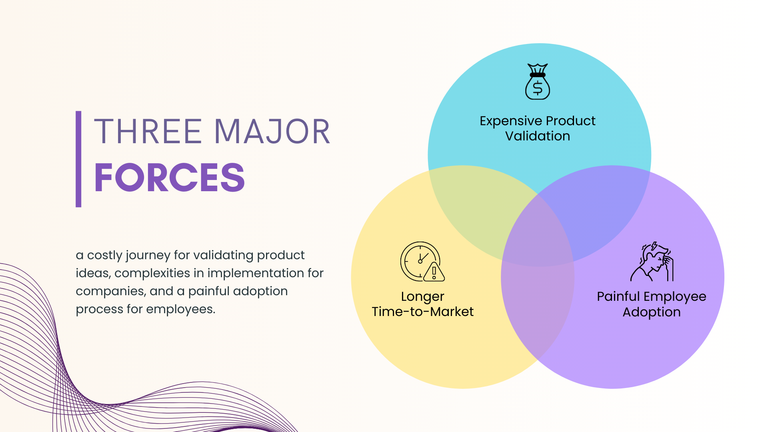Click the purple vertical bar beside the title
pyautogui.click(x=78, y=159)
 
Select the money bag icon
pyautogui.click(x=538, y=82)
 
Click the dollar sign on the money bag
pyautogui.click(x=538, y=88)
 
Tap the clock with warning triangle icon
pyautogui.click(x=422, y=262)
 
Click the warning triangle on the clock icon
pyautogui.click(x=434, y=272)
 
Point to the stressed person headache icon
pyautogui.click(x=652, y=262)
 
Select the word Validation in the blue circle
pyautogui.click(x=538, y=136)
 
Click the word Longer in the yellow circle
pyautogui.click(x=422, y=297)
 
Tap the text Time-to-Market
pyautogui.click(x=422, y=312)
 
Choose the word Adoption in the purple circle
pyautogui.click(x=652, y=312)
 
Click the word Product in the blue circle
pyautogui.click(x=571, y=121)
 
